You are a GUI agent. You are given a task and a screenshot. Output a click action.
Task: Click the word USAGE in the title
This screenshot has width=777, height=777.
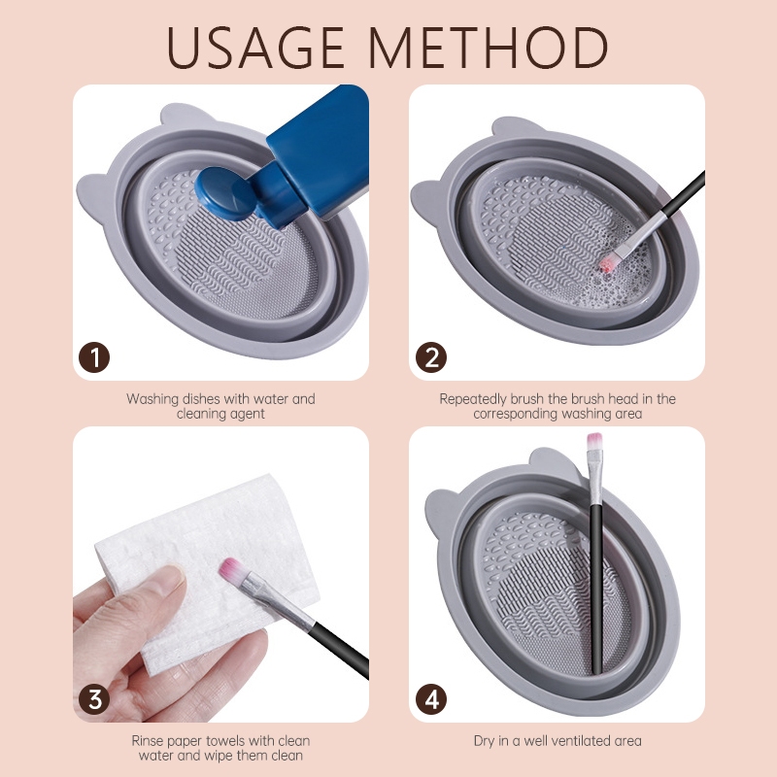pos(255,48)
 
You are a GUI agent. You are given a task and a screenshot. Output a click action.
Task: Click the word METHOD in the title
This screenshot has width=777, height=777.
pos(489,48)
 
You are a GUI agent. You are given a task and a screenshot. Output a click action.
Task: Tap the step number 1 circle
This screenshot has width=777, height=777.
pos(94,357)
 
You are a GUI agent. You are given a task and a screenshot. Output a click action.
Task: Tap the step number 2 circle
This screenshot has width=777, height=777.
pos(431,357)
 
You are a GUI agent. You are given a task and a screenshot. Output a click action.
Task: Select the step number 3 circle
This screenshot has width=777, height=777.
pos(94,699)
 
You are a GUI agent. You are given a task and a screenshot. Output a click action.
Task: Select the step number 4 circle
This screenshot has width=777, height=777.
pos(431,699)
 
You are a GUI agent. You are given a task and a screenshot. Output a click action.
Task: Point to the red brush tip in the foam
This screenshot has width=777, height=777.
pos(609,263)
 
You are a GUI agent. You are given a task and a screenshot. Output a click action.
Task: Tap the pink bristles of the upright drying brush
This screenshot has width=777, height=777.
pos(594,441)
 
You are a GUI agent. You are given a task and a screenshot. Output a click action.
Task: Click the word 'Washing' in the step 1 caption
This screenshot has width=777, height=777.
pos(152,399)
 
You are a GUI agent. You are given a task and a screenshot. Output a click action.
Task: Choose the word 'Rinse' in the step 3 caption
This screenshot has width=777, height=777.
pos(148,741)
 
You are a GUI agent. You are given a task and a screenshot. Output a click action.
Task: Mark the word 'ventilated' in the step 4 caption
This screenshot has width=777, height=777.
pos(581,741)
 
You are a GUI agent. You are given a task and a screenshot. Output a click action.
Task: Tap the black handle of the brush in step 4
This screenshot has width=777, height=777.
pos(596,590)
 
